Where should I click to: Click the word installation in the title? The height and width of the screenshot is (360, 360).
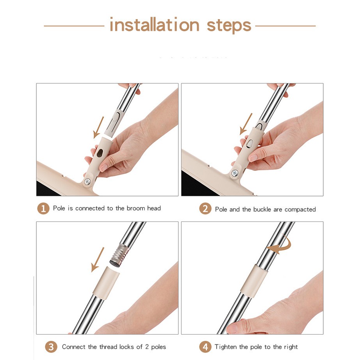coord(155,25)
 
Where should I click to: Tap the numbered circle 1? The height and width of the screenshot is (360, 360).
coord(43,209)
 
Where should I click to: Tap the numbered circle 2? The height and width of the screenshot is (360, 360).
coord(205,209)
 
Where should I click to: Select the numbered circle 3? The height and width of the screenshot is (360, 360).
coord(51,347)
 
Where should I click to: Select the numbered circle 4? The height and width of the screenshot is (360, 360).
coord(205,347)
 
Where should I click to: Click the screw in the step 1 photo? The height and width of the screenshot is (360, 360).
coord(87,182)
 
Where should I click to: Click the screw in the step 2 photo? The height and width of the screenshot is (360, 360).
coord(235,173)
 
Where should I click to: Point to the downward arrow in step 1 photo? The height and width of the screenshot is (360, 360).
coord(98,127)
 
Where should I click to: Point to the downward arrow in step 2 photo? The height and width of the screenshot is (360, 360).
coord(246,124)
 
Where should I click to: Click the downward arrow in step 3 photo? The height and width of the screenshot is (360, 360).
coord(98,259)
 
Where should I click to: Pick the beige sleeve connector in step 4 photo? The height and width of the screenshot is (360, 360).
coord(254,281)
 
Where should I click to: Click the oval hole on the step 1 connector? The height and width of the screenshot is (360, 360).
coord(100,153)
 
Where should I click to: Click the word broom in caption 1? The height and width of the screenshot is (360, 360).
coord(136,208)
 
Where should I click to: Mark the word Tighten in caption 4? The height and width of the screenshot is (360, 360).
coord(226,347)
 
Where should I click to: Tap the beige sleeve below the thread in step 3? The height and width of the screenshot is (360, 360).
coord(106,283)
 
